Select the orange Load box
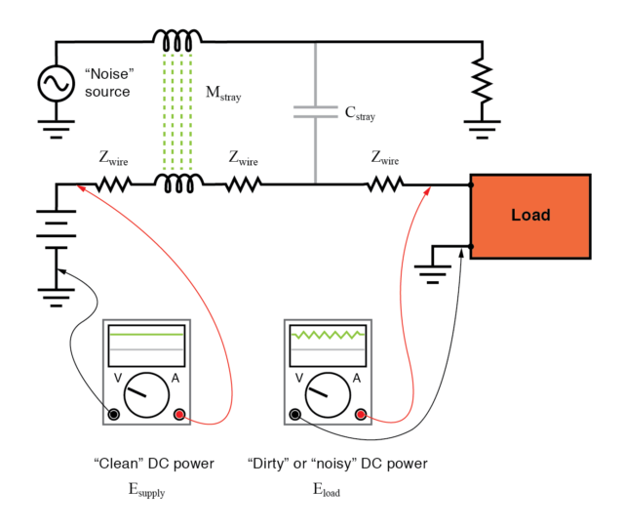(530, 216)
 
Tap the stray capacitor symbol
(316, 113)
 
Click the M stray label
(221, 96)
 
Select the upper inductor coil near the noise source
(177, 40)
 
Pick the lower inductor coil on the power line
(177, 183)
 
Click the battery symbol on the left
(56, 234)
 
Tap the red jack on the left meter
(179, 414)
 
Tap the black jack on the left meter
(114, 414)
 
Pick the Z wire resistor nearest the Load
(386, 183)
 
